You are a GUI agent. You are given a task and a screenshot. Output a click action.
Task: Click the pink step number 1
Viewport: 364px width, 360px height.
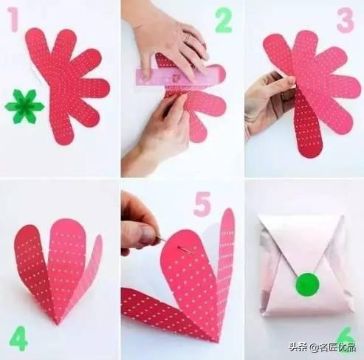pos(13,20)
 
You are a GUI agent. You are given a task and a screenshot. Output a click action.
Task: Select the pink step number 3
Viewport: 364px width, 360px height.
pos(345,20)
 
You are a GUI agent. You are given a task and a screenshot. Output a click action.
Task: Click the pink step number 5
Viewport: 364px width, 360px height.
pos(202,204)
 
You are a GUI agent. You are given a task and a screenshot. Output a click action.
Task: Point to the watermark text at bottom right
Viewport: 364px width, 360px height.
pos(328,346)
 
